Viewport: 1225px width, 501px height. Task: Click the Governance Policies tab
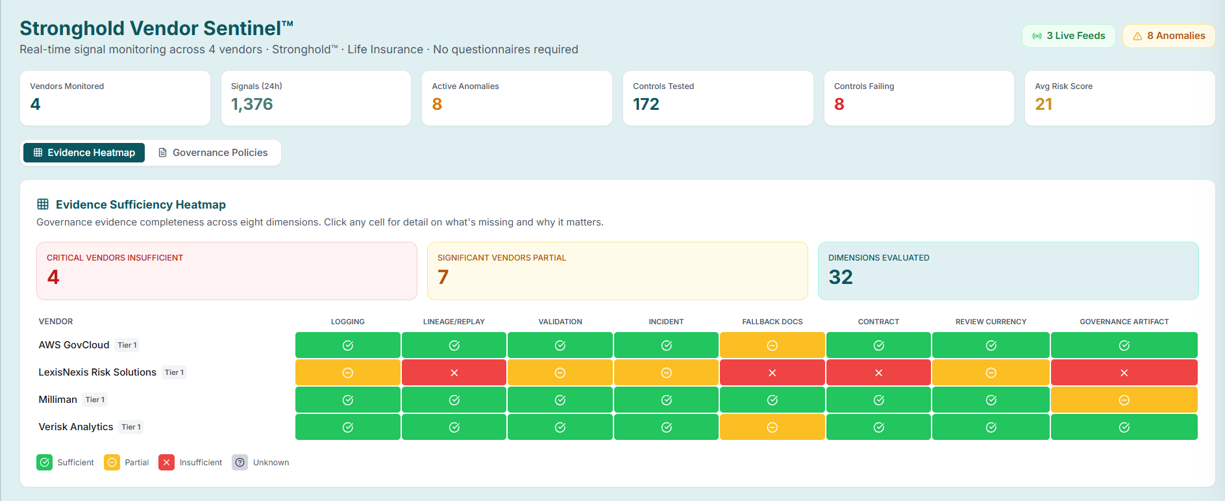(213, 153)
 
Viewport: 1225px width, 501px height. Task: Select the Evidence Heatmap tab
(84, 153)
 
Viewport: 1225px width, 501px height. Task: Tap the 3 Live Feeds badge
(1069, 36)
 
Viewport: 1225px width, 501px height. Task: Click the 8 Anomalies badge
(1169, 36)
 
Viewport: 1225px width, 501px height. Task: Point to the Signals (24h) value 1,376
(252, 105)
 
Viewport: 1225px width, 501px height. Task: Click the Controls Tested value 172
(646, 105)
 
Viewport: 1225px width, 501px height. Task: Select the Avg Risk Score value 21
(1043, 105)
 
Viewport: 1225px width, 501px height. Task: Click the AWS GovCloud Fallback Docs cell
(772, 345)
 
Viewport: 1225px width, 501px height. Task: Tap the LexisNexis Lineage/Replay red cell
(454, 372)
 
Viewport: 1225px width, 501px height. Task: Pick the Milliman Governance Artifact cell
(1124, 400)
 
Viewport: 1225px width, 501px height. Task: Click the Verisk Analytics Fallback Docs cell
(772, 427)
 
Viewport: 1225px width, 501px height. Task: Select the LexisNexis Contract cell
(878, 372)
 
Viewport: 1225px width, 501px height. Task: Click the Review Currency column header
(991, 322)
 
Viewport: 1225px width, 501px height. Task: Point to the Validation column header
(560, 322)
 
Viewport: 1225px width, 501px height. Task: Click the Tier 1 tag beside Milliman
(95, 400)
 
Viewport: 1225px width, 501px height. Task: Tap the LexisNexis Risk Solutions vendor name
(97, 372)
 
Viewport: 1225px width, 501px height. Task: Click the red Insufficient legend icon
(166, 462)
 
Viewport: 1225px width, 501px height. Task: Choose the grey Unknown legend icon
(240, 462)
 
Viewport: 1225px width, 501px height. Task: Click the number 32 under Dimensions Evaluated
(841, 277)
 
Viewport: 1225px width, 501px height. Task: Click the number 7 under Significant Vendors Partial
(443, 277)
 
